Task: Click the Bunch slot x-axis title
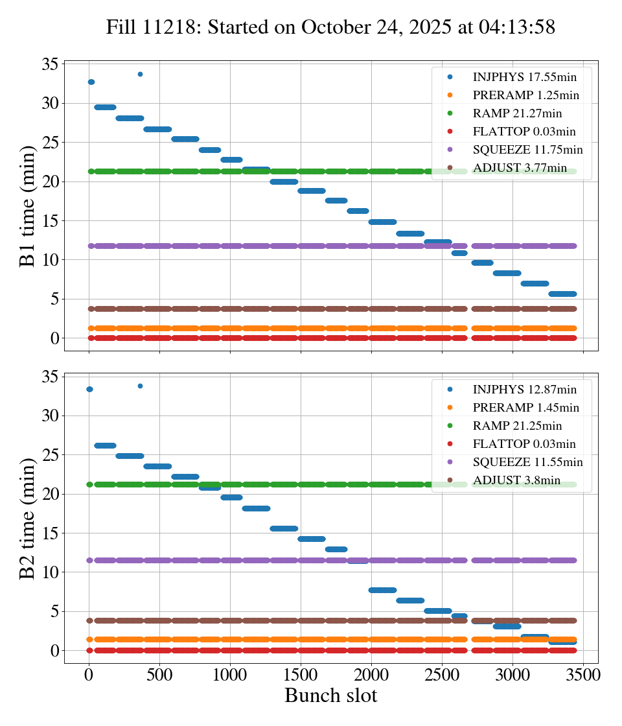tap(330, 696)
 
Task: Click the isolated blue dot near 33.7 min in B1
tap(140, 74)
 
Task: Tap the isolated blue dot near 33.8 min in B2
tap(140, 386)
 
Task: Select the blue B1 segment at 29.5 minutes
tap(105, 107)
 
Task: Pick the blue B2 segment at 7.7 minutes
tap(382, 590)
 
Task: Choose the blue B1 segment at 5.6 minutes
tap(562, 294)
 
